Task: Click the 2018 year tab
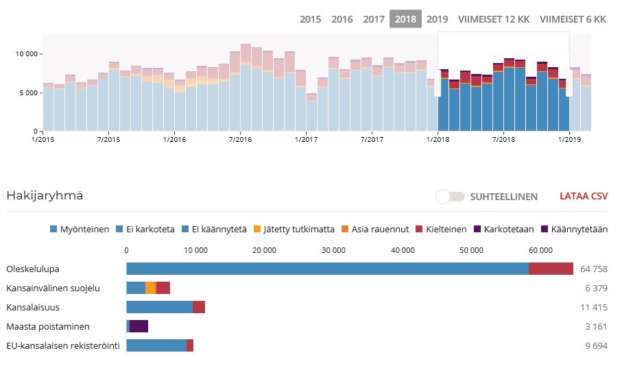405,19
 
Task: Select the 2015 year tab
310,19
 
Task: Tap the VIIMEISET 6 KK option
573,19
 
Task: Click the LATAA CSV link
584,197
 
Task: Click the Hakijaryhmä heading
45,196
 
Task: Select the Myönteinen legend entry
80,230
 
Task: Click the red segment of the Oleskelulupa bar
551,269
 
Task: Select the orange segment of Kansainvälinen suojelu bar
151,288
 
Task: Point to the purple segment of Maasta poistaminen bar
139,326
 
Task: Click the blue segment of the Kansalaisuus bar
159,307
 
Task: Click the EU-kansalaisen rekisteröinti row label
63,345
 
